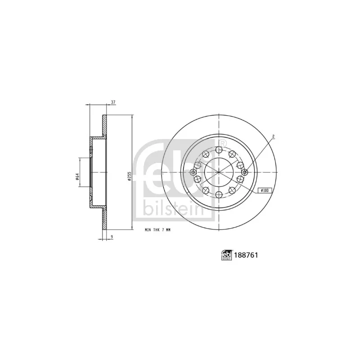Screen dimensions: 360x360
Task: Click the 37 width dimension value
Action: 113,103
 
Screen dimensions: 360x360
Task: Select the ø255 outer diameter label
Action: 130,176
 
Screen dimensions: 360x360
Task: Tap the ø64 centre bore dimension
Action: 77,176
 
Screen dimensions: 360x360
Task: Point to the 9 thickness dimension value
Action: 112,236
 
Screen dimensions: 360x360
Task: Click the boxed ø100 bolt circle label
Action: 265,190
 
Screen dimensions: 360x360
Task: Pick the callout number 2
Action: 273,136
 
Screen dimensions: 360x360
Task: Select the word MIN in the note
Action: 148,230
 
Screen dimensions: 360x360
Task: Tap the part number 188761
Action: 246,255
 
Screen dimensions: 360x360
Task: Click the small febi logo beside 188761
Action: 227,255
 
